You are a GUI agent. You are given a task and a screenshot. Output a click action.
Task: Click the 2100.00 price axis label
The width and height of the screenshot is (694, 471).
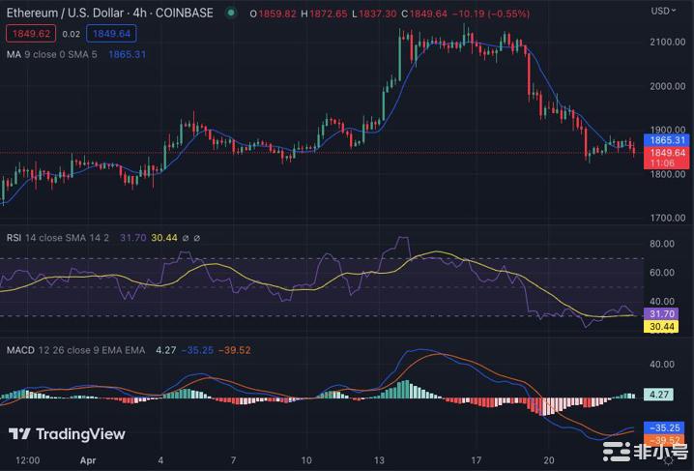(667, 42)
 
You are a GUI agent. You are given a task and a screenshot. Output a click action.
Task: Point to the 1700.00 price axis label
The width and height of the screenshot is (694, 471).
(667, 219)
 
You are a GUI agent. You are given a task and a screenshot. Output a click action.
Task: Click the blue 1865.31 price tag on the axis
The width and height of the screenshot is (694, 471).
(667, 139)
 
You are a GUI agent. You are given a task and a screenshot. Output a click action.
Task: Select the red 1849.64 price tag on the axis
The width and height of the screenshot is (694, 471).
(667, 152)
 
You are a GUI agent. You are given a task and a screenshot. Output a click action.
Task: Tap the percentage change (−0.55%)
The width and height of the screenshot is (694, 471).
(504, 14)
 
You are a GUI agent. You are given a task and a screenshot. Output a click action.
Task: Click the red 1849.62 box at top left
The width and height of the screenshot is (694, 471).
(30, 33)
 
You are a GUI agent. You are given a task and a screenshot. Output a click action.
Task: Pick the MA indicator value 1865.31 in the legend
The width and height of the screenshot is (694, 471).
(127, 54)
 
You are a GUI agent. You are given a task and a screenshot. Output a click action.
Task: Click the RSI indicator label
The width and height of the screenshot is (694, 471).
(14, 236)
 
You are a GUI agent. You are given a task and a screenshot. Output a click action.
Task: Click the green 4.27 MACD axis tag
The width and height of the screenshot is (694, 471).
(660, 394)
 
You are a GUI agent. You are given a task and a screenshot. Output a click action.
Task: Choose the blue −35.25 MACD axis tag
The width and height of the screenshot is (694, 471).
(665, 427)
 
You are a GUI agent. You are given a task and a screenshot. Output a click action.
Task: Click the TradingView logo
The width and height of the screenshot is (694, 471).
(66, 434)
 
